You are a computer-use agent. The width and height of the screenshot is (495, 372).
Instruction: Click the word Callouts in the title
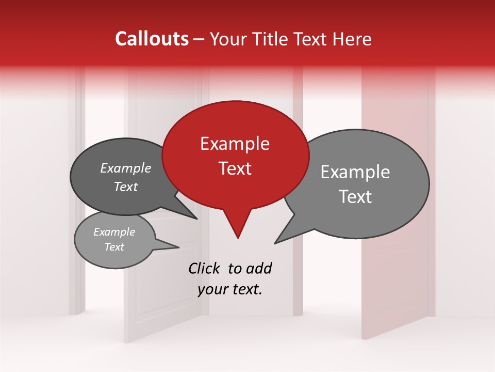coord(152,39)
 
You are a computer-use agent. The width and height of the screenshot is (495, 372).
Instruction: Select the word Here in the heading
coord(352,39)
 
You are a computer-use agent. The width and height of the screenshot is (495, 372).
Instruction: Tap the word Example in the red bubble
coord(235,144)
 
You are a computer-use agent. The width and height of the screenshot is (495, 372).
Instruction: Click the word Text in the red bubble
coord(235,168)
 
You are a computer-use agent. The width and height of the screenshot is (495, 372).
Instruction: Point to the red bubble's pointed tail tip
coord(238,238)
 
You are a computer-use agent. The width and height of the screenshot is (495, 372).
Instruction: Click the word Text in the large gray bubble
coord(355,197)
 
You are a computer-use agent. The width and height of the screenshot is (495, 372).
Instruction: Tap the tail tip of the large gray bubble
coord(275,243)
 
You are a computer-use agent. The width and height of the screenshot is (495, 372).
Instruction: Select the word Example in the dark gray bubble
coord(126,168)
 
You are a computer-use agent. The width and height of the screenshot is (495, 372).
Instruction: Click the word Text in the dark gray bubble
coord(126,187)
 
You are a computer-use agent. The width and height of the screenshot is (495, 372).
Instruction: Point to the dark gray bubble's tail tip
coord(197,219)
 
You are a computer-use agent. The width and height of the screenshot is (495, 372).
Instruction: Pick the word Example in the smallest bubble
coord(114,233)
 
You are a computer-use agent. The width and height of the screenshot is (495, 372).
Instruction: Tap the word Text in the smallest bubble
coord(114,247)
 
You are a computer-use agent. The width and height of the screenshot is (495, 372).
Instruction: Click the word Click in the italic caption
coord(205,268)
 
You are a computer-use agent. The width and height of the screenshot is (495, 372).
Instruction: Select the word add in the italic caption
coord(258,268)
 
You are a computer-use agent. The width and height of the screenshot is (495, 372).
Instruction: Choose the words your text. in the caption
coord(230,289)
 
